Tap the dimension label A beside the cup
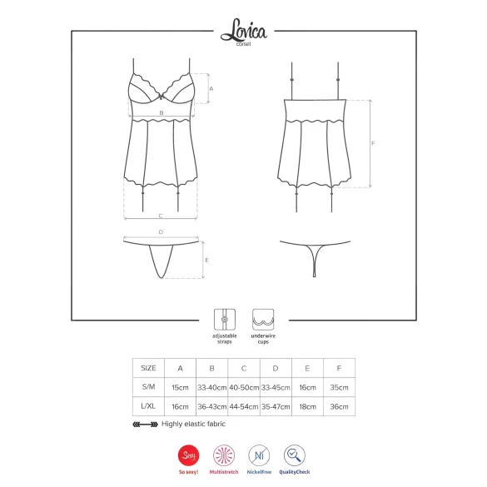[211, 87]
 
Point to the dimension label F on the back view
[373, 143]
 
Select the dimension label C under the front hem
[160, 216]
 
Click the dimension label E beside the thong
[207, 261]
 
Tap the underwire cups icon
[265, 318]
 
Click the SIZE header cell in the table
[148, 367]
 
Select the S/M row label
[148, 387]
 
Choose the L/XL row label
[148, 407]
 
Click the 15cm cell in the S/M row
[180, 387]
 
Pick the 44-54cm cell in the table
[243, 407]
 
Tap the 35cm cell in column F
[339, 387]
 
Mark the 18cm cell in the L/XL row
[307, 407]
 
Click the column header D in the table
[275, 367]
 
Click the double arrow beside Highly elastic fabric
[145, 424]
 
